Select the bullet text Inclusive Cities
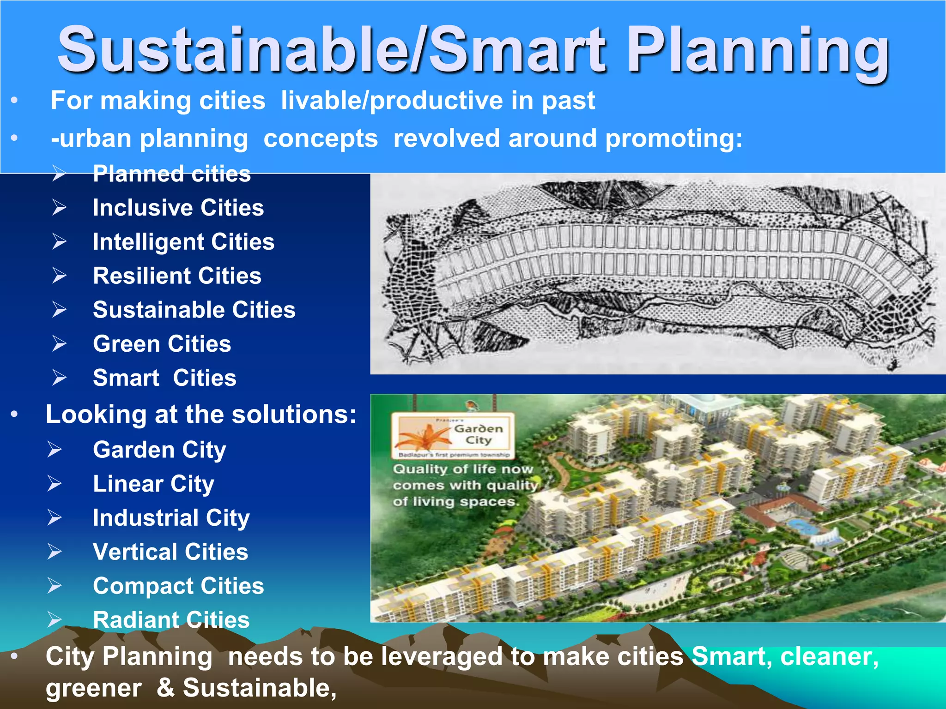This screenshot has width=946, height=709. point(178,208)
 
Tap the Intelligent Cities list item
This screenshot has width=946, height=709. point(183,242)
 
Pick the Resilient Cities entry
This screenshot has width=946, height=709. point(177,276)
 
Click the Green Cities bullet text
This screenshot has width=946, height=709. point(162,344)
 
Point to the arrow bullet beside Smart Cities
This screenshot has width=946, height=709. point(59,378)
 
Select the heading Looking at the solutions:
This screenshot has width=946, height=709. point(201,414)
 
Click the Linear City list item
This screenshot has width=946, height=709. point(153,484)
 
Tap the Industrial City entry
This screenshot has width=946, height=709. point(171,518)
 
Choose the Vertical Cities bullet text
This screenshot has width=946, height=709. point(170,552)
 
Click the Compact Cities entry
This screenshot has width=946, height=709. point(178,586)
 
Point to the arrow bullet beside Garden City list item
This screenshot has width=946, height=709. point(55,450)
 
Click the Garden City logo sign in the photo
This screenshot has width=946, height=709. point(453,434)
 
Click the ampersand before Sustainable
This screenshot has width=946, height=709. point(165,687)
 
